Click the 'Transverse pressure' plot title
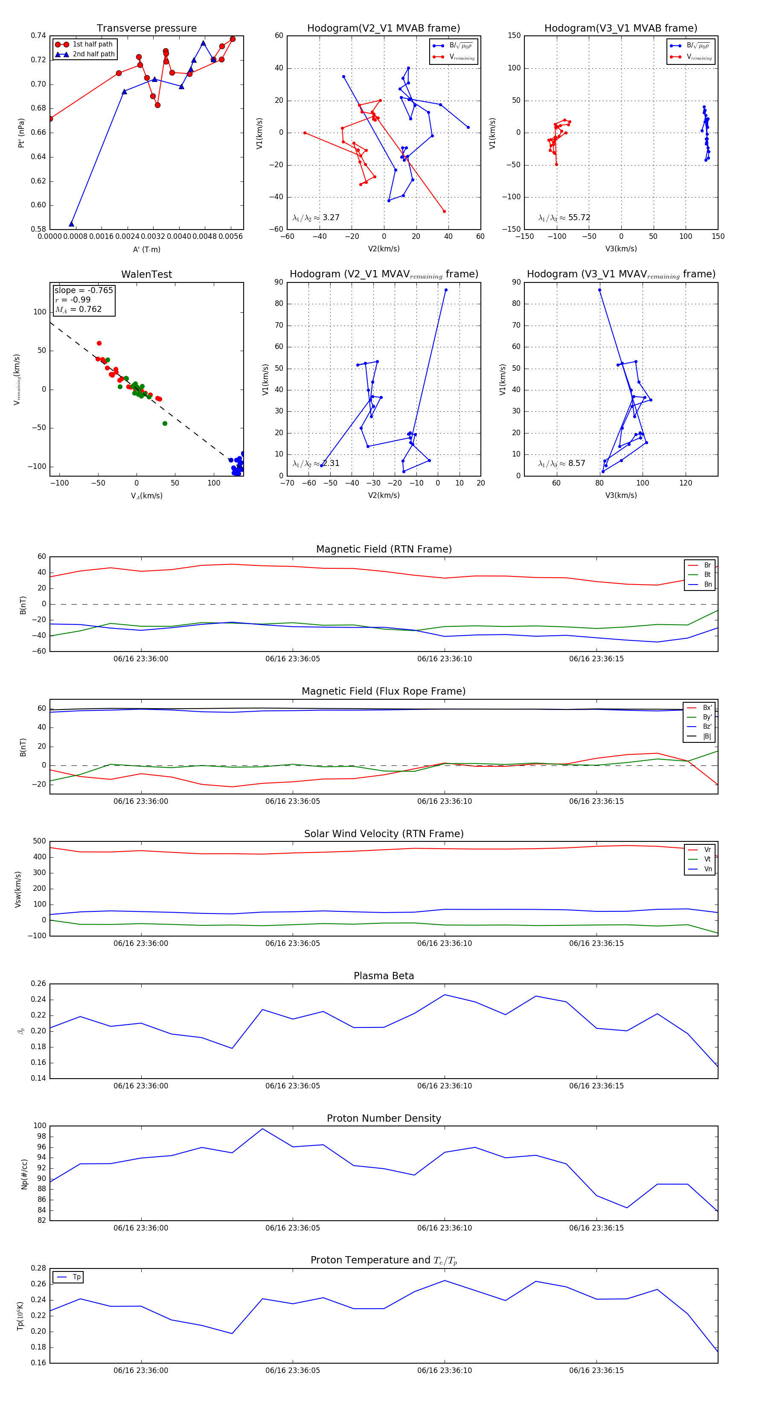point(146,29)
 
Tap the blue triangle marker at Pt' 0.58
point(72,224)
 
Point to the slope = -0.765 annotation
point(84,290)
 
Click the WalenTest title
point(146,274)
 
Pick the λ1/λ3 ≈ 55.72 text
point(564,218)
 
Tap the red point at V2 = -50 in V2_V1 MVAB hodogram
point(305,133)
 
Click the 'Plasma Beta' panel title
point(384,976)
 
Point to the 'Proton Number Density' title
point(384,1118)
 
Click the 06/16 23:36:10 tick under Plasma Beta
point(445,1085)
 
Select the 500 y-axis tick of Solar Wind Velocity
point(39,841)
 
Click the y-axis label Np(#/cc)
point(24,1174)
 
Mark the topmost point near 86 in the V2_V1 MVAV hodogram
point(446,290)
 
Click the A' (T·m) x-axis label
point(146,249)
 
